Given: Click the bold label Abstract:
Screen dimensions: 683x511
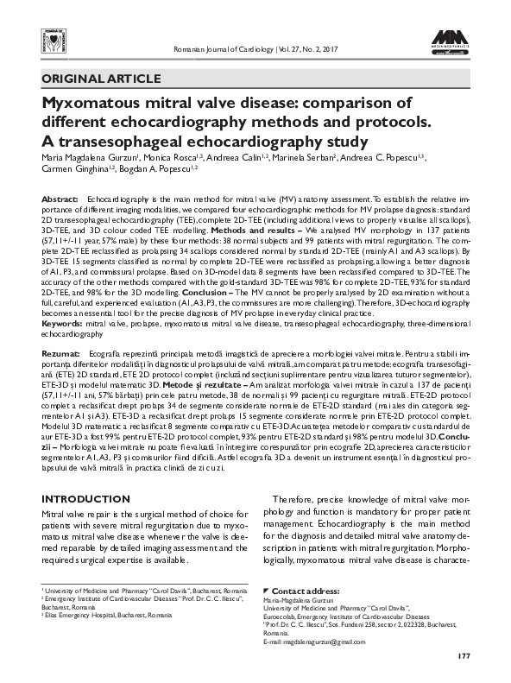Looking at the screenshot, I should tap(60, 199).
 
